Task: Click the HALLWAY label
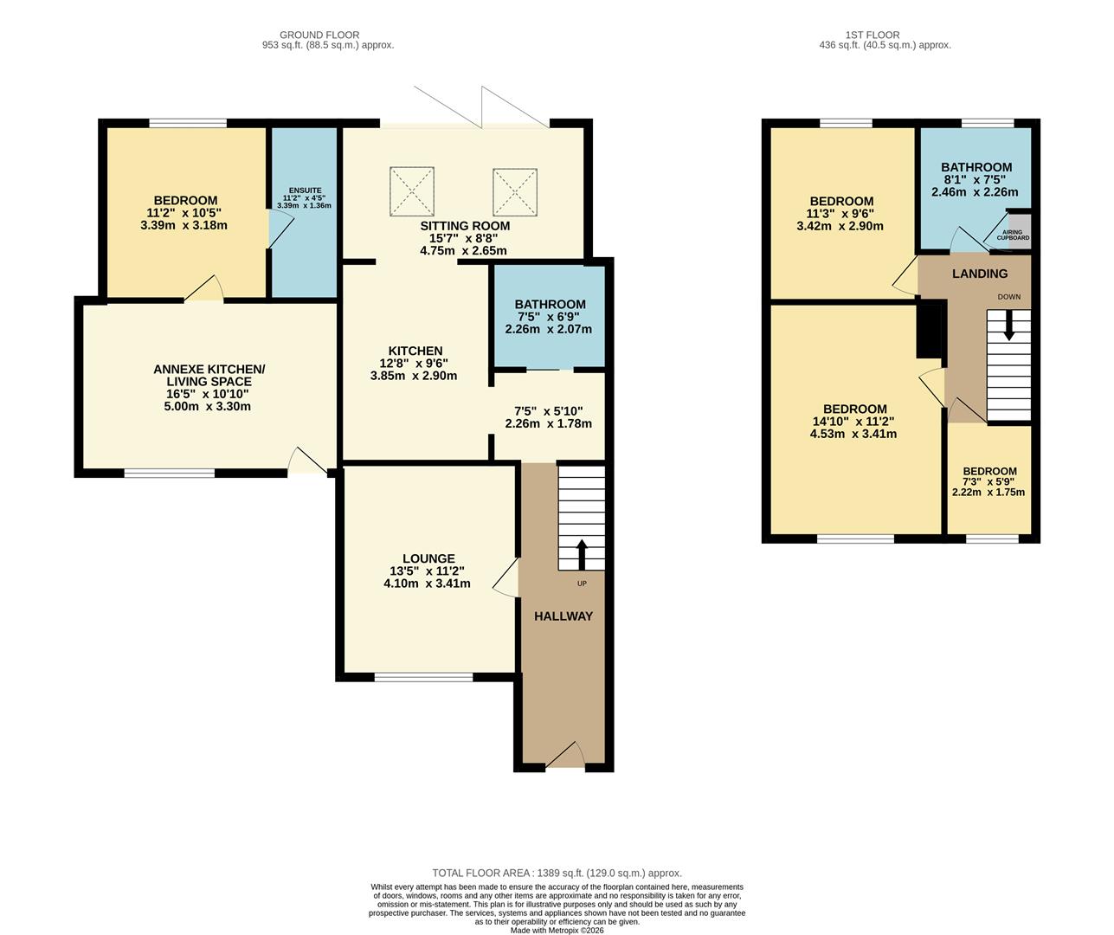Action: coord(563,616)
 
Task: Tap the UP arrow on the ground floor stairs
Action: coord(581,554)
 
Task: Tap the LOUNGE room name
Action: coord(428,558)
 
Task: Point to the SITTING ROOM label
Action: coord(464,226)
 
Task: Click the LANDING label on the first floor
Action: coord(979,274)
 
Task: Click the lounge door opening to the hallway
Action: coord(508,577)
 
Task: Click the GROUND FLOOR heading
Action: coord(319,35)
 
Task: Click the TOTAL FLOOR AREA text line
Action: coord(557,874)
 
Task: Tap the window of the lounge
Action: coord(423,677)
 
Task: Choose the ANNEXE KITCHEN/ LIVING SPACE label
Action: coord(209,376)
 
